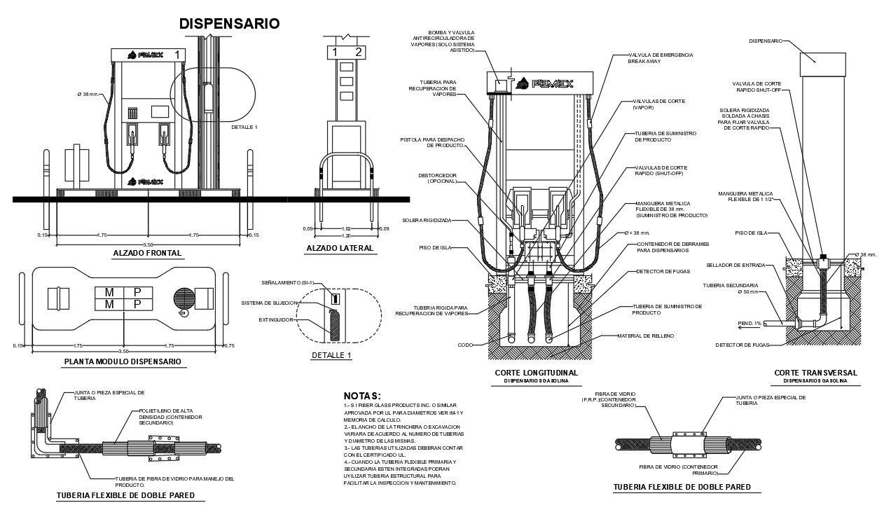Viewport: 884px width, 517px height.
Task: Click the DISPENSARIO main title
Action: tap(229, 24)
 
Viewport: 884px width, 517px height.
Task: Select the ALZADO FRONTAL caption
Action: tap(147, 253)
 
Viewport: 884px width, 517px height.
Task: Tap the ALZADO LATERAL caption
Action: tap(340, 248)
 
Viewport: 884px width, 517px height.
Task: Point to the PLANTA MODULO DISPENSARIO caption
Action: tap(123, 361)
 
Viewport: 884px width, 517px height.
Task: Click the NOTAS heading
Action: tap(362, 397)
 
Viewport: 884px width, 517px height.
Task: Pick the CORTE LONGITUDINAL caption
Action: tap(536, 373)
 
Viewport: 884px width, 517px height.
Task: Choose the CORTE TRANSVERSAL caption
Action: tap(815, 373)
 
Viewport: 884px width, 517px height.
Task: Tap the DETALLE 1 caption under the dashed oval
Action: tap(331, 355)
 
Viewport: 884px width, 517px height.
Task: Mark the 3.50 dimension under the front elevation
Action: tap(148, 244)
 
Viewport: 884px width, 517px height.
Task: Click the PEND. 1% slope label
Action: tap(749, 323)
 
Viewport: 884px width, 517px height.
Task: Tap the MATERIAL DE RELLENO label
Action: tap(644, 336)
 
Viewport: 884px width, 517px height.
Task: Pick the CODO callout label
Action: tap(465, 345)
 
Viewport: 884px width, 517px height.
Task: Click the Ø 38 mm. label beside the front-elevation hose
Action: tap(89, 95)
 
